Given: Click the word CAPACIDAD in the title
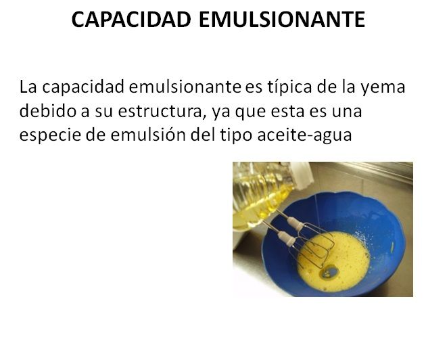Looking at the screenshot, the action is [131, 20].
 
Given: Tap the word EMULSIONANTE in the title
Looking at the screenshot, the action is [282, 20].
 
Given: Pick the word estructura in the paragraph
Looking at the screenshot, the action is [160, 112].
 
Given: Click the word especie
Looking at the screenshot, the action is [50, 135].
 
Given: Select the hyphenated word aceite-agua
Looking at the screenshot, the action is [304, 135].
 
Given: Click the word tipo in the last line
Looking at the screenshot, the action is [236, 135].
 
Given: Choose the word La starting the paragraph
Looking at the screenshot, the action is [28, 87].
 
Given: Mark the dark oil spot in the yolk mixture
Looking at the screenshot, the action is [329, 273].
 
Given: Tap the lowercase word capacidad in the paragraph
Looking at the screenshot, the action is [83, 87].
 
